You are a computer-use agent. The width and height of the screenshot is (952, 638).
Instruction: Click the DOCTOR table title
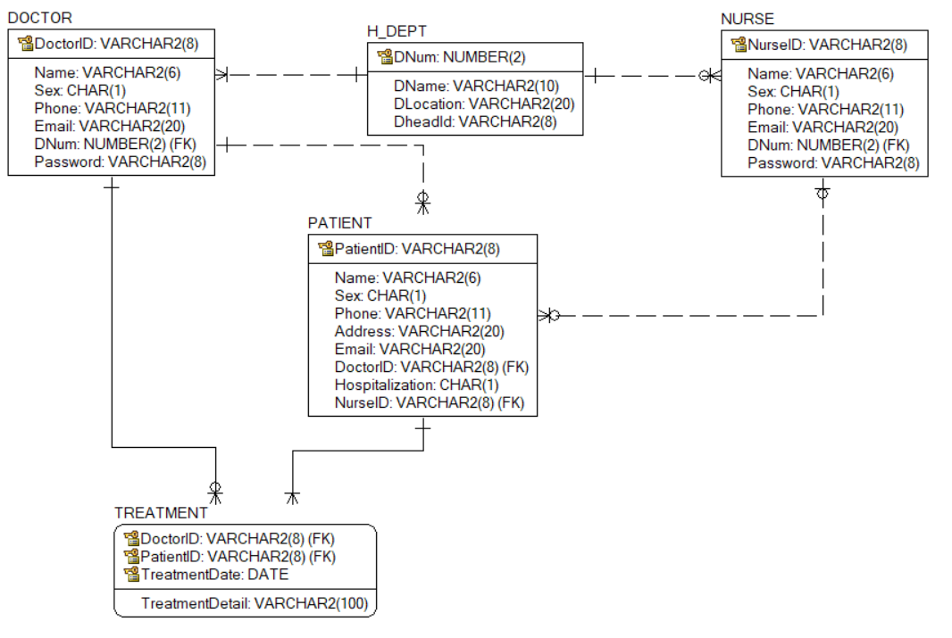39,18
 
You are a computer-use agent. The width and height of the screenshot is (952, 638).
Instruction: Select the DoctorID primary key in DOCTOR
115,43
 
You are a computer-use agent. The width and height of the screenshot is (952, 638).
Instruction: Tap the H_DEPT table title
397,31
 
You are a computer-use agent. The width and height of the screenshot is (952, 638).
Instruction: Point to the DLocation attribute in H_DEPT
483,104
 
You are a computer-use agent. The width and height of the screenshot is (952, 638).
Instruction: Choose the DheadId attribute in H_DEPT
475,121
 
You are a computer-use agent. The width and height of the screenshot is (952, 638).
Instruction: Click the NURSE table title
747,19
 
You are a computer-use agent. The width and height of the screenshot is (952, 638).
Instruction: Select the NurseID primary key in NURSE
827,45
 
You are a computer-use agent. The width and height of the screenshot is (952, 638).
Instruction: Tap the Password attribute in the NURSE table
832,162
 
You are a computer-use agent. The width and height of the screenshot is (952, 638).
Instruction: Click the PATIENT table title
339,223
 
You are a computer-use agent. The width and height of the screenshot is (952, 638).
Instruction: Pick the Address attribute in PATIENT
420,331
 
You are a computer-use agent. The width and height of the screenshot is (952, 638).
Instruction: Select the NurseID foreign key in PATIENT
429,402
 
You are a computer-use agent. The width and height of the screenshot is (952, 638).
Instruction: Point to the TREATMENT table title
161,513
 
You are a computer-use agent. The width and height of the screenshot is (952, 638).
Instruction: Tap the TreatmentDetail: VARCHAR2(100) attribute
254,603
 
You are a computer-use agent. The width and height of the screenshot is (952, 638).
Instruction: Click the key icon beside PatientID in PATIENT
325,249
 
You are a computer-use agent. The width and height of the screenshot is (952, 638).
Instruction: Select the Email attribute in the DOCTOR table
110,126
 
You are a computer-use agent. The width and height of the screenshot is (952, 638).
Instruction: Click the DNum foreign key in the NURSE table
828,145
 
